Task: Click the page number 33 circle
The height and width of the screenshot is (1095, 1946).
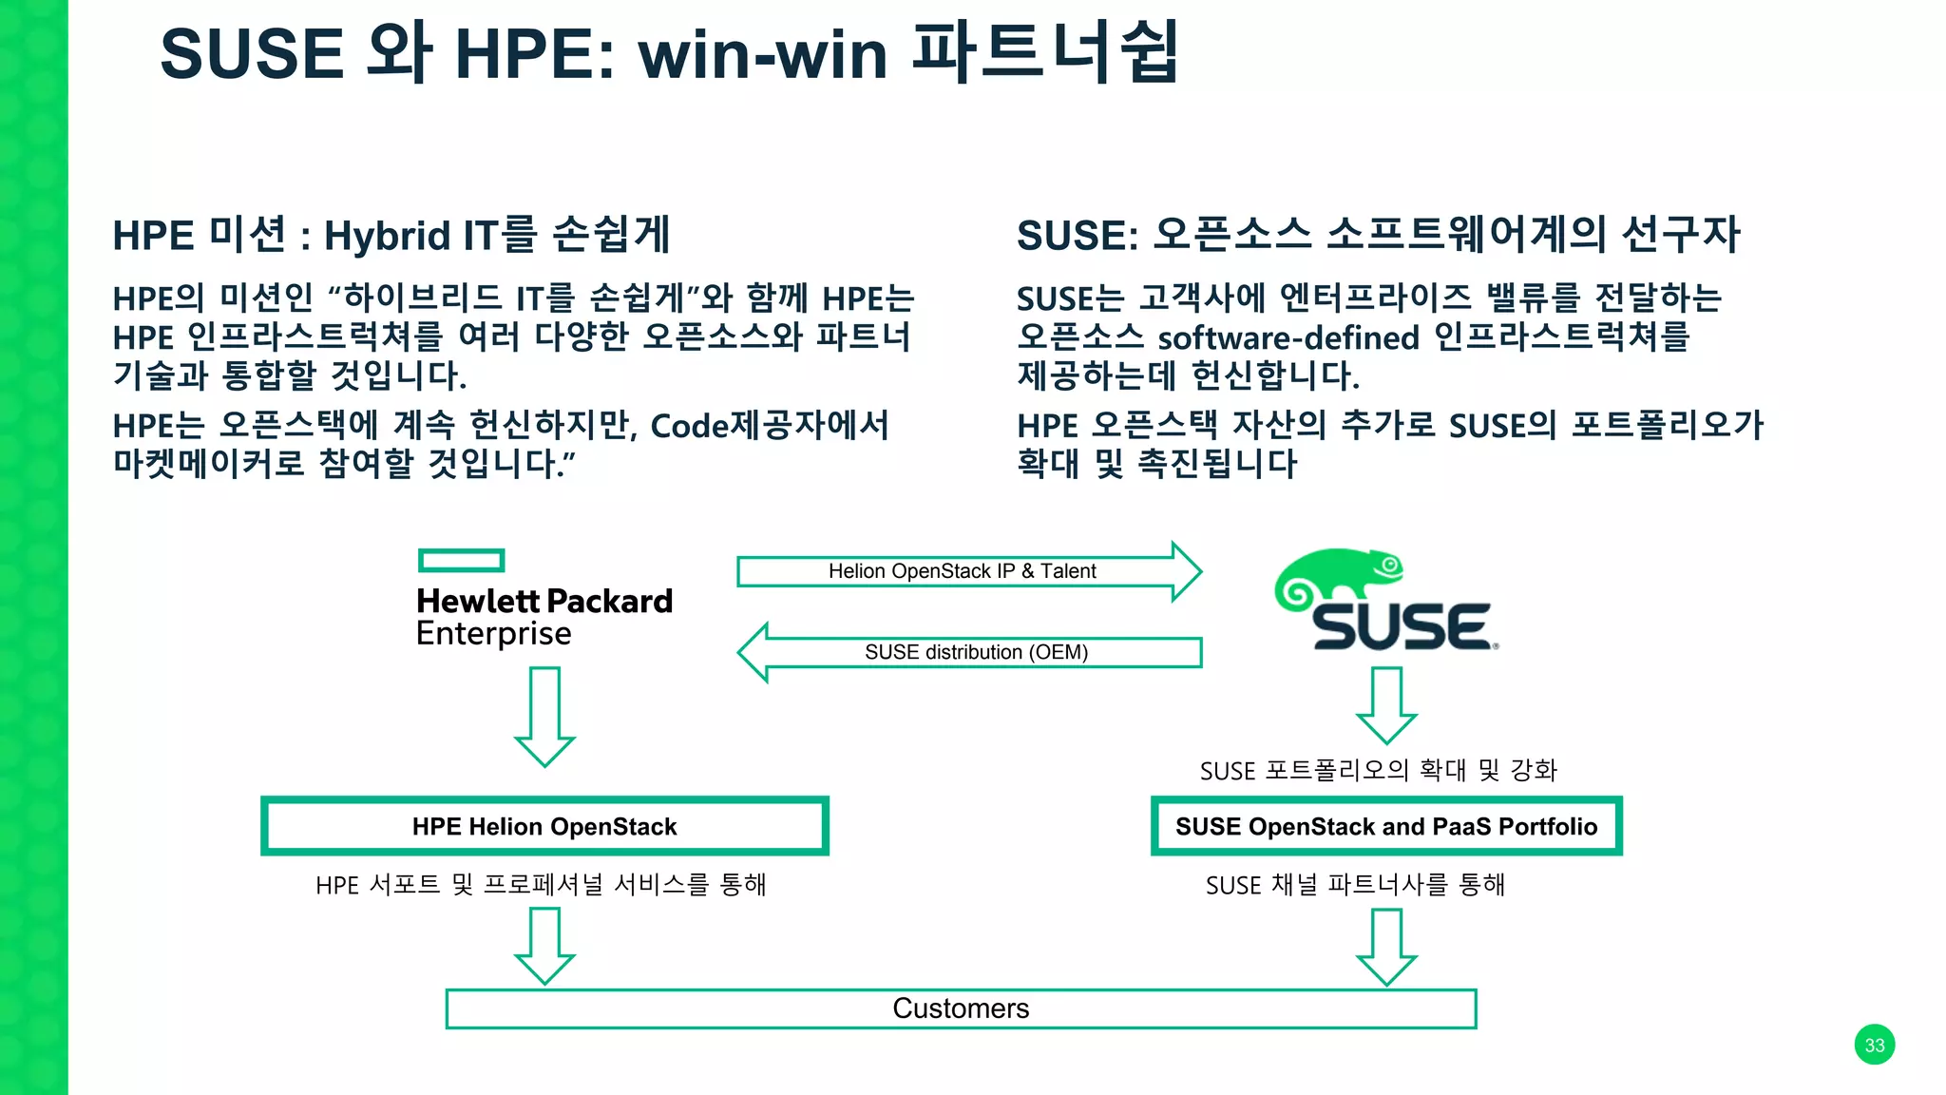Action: point(1874,1045)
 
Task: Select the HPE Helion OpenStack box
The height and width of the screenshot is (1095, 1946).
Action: point(544,826)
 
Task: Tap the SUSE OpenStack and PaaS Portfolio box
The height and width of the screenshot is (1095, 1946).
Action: point(1386,826)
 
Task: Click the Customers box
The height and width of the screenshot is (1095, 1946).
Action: point(961,1009)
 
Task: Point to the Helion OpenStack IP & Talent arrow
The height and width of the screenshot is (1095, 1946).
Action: point(962,571)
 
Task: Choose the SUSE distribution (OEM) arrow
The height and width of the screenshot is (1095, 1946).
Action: point(976,652)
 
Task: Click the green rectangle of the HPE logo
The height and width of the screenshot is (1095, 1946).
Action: point(461,561)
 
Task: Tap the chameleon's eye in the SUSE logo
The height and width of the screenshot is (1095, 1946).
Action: point(1389,566)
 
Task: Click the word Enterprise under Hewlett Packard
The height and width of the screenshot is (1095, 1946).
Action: point(494,634)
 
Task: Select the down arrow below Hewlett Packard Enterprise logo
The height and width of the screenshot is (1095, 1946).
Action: point(544,715)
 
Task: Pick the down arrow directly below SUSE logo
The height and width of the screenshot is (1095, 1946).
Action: point(1386,703)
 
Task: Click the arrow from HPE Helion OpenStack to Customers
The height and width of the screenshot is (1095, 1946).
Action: point(544,945)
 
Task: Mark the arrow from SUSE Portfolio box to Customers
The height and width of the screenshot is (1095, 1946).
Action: point(1386,946)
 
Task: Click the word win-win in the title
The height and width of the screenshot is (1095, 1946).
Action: point(763,54)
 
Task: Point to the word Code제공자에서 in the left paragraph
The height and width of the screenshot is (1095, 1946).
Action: point(770,425)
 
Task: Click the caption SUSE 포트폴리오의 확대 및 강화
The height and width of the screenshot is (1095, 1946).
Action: point(1378,770)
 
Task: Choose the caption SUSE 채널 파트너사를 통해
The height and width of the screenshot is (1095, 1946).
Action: point(1355,885)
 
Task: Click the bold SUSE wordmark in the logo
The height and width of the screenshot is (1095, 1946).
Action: point(1401,626)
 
